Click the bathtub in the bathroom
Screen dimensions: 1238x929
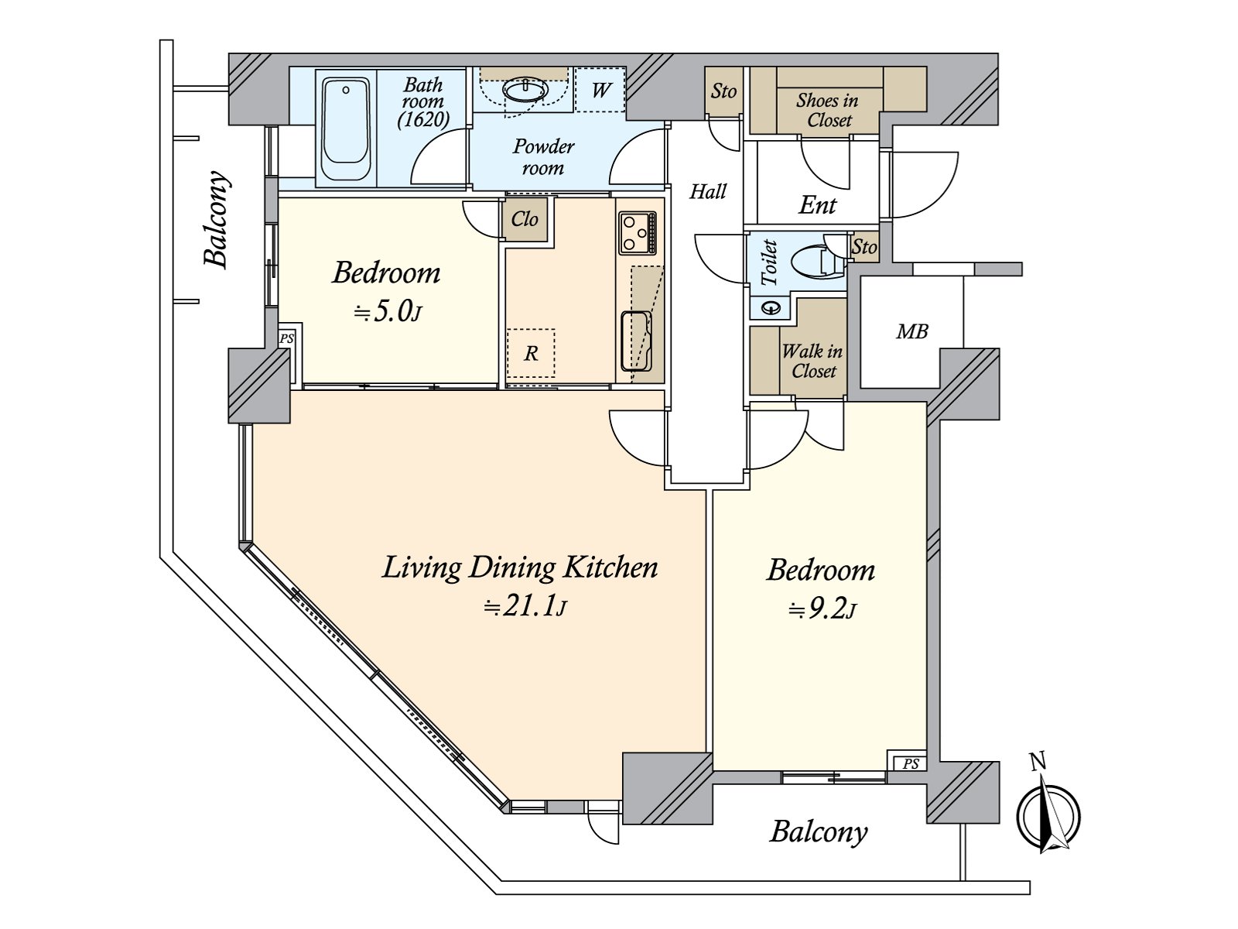pos(345,129)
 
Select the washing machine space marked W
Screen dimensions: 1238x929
pos(600,89)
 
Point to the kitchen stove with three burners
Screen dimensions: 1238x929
pos(638,232)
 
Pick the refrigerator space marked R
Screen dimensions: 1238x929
pos(530,353)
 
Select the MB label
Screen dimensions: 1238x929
pos(912,331)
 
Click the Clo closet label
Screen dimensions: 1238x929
pos(525,219)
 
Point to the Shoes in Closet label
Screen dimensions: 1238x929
pos(828,110)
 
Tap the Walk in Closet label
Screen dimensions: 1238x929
pos(812,361)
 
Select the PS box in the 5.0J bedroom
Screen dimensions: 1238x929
pos(287,339)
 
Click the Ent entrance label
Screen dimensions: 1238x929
pos(817,204)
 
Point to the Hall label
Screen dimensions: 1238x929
pos(709,192)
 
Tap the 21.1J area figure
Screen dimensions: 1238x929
pos(525,608)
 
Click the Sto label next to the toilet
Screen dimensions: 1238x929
pos(864,247)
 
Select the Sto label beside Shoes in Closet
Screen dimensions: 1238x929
pos(723,91)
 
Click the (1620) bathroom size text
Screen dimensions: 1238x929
pos(423,119)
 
